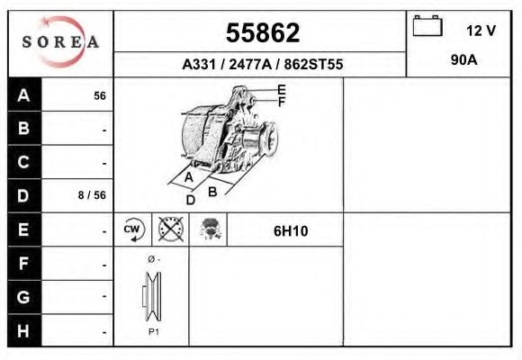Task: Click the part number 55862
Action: pos(262,33)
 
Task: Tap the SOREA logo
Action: pos(60,42)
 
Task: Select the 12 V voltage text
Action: pos(481,31)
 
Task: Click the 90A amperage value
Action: pos(463,60)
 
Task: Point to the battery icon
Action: pos(427,26)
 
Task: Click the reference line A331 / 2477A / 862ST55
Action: pos(262,65)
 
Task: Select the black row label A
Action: pos(24,94)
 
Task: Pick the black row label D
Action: pos(24,194)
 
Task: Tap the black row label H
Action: pos(24,330)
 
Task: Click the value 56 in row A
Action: pos(100,95)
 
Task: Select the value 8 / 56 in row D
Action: pos(93,194)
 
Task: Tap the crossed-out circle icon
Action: pos(170,229)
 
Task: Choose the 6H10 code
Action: pos(291,230)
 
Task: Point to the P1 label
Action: pos(154,332)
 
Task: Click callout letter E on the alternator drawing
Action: pos(282,89)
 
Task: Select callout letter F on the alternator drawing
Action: pos(282,102)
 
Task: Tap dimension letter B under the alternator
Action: pos(212,191)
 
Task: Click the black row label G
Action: pos(24,296)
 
